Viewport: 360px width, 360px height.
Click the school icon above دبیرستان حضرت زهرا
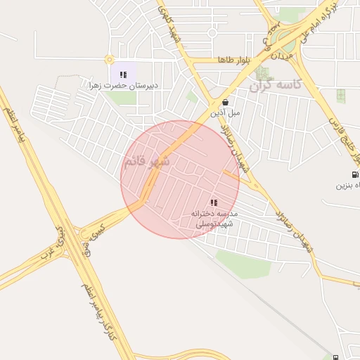pyautogui.click(x=123, y=74)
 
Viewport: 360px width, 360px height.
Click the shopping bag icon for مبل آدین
pyautogui.click(x=224, y=102)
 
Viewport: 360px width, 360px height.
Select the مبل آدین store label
pyautogui.click(x=225, y=112)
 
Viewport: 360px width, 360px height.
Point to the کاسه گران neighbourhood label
pyautogui.click(x=276, y=85)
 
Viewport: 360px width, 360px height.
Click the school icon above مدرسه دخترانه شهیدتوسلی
pyautogui.click(x=214, y=202)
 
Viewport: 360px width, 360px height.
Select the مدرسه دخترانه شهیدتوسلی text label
pyautogui.click(x=215, y=217)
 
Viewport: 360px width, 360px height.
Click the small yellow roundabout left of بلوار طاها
pyautogui.click(x=109, y=60)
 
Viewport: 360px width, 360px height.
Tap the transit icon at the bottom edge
pyautogui.click(x=335, y=356)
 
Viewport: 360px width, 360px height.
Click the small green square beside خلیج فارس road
pyautogui.click(x=341, y=96)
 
